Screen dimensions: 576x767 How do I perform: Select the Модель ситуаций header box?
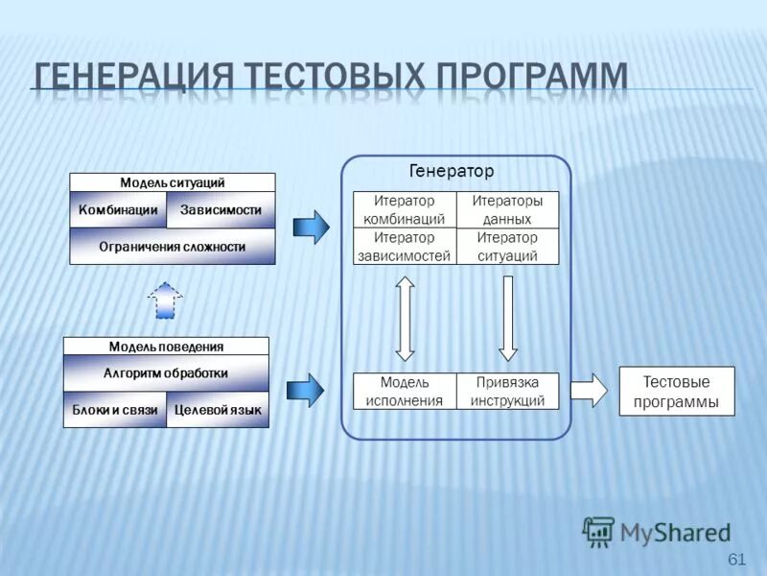pyautogui.click(x=173, y=182)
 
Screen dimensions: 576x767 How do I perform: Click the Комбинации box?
pyautogui.click(x=118, y=210)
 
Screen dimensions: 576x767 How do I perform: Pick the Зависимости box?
pyautogui.click(x=221, y=210)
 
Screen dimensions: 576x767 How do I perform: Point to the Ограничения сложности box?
pyautogui.click(x=173, y=247)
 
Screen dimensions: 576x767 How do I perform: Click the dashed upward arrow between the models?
pyautogui.click(x=165, y=300)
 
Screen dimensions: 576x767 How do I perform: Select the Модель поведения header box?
pyautogui.click(x=166, y=347)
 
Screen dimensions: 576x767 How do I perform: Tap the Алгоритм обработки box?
pyautogui.click(x=166, y=373)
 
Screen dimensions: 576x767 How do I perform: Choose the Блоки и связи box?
pyautogui.click(x=115, y=410)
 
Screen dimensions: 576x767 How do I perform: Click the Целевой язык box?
pyautogui.click(x=218, y=410)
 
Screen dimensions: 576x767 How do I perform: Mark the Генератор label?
pyautogui.click(x=452, y=172)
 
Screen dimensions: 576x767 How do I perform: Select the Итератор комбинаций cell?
pyautogui.click(x=405, y=210)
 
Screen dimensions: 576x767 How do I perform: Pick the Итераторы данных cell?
pyautogui.click(x=507, y=210)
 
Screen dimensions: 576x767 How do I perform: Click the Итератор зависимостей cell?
pyautogui.click(x=405, y=247)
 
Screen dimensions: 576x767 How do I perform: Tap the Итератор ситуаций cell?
pyautogui.click(x=507, y=247)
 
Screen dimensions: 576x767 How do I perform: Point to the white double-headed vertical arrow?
pyautogui.click(x=405, y=319)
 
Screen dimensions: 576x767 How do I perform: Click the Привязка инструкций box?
pyautogui.click(x=507, y=392)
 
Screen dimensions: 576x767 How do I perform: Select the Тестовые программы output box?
pyautogui.click(x=677, y=392)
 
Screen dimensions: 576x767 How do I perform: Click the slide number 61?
pyautogui.click(x=737, y=560)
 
